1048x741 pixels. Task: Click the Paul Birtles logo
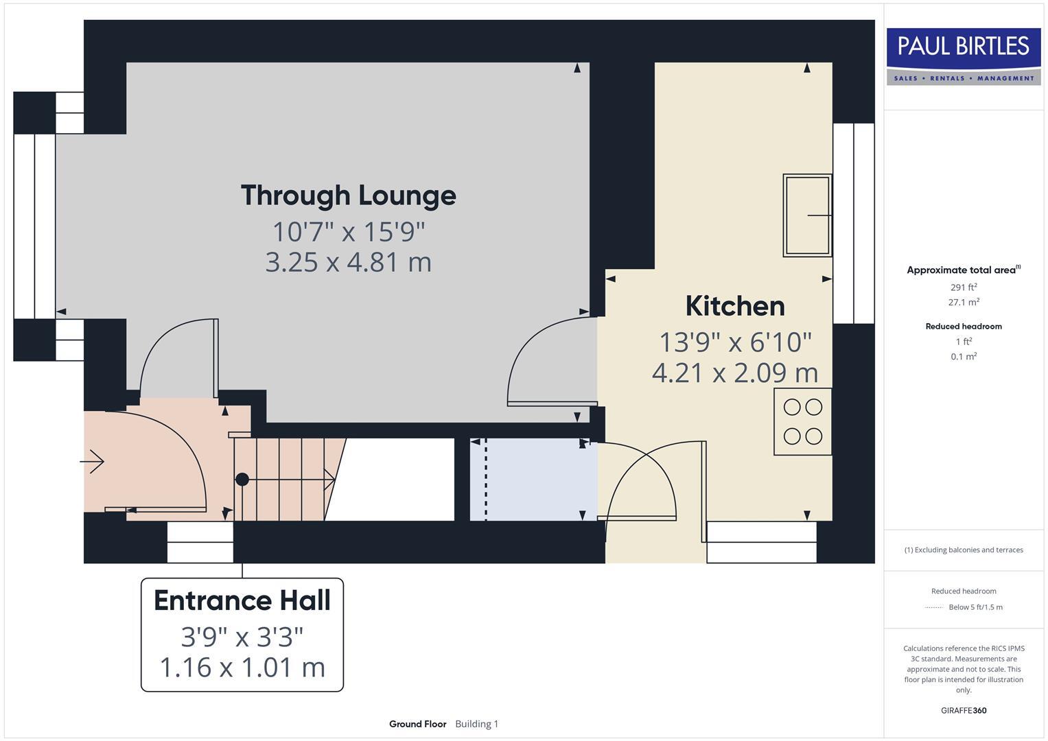pos(964,56)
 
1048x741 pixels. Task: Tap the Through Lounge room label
pos(348,196)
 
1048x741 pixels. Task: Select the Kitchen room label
pos(734,306)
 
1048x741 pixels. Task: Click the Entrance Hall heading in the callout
pos(242,600)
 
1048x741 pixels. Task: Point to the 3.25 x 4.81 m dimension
pos(348,262)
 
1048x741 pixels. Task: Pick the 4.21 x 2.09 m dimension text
pos(734,373)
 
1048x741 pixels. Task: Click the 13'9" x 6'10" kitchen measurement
pos(734,342)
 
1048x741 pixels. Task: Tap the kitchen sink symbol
pos(807,215)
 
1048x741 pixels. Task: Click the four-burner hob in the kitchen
pos(802,421)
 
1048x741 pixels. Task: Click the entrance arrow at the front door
pos(93,462)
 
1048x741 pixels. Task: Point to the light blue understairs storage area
pos(533,479)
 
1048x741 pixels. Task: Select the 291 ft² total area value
pos(964,287)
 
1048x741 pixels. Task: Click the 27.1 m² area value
pos(964,302)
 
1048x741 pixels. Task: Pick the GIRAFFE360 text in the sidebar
pos(964,710)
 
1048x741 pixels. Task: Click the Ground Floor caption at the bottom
pos(417,724)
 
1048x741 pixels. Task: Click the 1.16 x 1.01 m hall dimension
pos(242,667)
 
